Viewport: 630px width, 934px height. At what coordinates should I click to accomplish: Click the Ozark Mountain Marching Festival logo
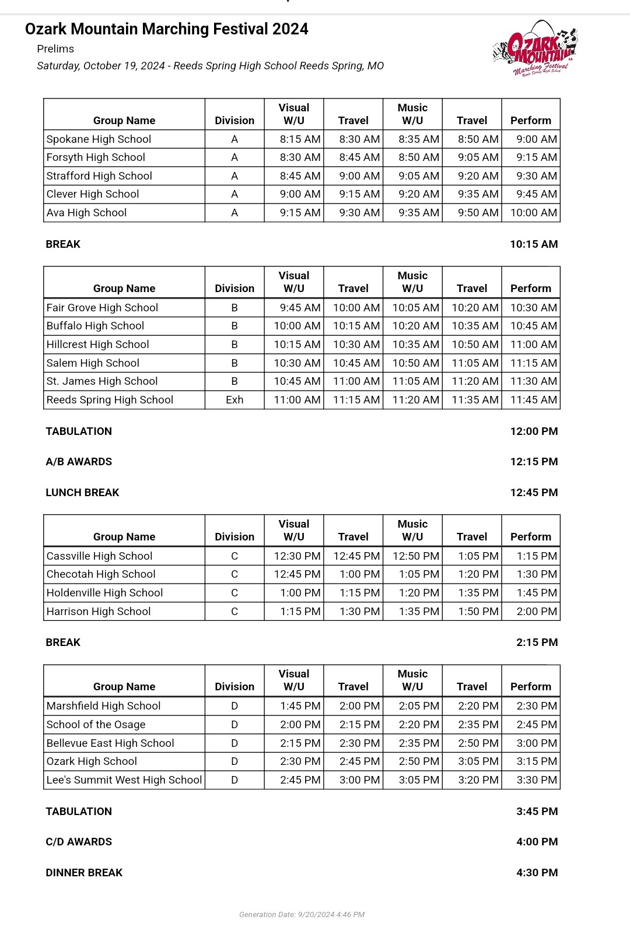pyautogui.click(x=535, y=49)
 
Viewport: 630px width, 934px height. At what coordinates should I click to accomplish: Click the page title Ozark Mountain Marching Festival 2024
pyautogui.click(x=166, y=29)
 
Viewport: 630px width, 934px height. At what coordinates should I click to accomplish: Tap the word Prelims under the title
pyautogui.click(x=55, y=49)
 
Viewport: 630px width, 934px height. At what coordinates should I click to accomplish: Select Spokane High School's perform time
pyautogui.click(x=536, y=139)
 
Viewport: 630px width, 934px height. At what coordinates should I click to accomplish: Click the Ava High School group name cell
pyautogui.click(x=87, y=213)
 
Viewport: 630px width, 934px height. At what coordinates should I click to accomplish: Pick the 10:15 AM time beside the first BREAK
pyautogui.click(x=533, y=244)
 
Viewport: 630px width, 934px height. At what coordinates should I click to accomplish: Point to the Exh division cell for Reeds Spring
pyautogui.click(x=235, y=400)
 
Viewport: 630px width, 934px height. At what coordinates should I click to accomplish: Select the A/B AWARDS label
pyautogui.click(x=79, y=462)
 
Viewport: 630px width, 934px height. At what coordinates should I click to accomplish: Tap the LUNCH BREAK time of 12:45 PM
pyautogui.click(x=533, y=493)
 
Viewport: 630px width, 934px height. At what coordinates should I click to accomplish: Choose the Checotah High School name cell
pyautogui.click(x=101, y=574)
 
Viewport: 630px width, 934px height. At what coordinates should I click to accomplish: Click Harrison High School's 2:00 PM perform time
pyautogui.click(x=537, y=612)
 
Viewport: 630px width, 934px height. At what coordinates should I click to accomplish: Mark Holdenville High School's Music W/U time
pyautogui.click(x=418, y=593)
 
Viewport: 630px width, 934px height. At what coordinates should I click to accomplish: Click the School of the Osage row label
pyautogui.click(x=96, y=725)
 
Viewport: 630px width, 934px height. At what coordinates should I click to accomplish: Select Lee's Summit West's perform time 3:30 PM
pyautogui.click(x=537, y=780)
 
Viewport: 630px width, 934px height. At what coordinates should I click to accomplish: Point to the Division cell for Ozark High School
pyautogui.click(x=235, y=761)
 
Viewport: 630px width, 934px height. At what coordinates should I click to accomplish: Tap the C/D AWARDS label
pyautogui.click(x=79, y=842)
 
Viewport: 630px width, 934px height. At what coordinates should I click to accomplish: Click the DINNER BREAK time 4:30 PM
pyautogui.click(x=537, y=873)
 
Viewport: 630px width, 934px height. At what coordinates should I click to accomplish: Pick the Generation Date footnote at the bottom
pyautogui.click(x=302, y=914)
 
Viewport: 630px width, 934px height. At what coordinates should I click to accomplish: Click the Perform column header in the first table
pyautogui.click(x=530, y=121)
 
